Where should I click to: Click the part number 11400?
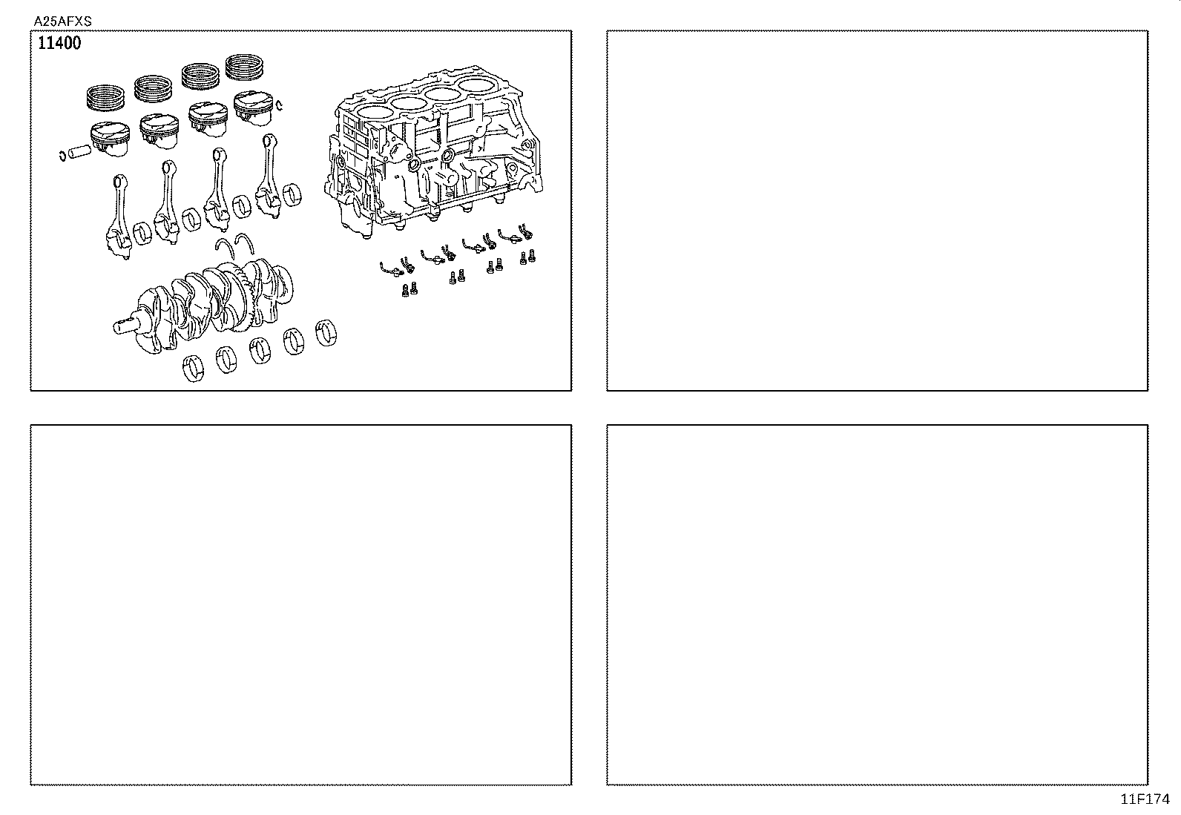(59, 44)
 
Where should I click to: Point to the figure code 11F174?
(1145, 799)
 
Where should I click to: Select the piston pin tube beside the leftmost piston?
(78, 152)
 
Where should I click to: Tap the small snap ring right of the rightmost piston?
(279, 107)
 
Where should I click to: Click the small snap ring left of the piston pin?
(62, 156)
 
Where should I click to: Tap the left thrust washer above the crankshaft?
(223, 248)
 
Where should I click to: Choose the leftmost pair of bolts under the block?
(407, 289)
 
